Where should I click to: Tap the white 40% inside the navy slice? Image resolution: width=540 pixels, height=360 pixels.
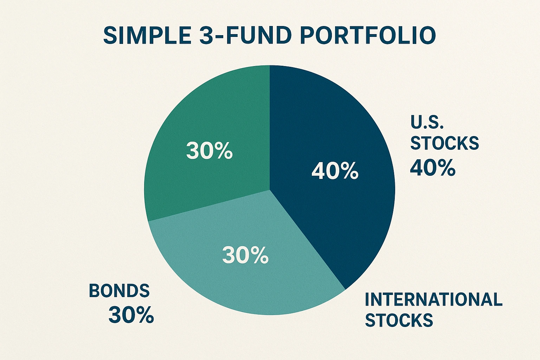point(335,172)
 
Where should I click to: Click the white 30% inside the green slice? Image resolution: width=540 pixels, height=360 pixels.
point(209,151)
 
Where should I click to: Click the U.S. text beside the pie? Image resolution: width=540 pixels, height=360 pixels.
point(427,122)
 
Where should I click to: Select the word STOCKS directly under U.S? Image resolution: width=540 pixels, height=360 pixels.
point(445,143)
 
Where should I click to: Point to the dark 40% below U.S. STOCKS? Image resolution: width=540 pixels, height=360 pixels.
point(432,168)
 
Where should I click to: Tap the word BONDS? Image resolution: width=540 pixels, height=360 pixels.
point(119,291)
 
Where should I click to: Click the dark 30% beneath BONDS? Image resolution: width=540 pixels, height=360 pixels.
point(131,315)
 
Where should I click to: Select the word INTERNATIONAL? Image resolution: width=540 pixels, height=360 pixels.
point(433,300)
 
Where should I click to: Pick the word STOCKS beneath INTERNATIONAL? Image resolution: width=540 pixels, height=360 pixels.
point(399,320)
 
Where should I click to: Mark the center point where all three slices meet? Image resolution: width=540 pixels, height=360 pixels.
point(270,190)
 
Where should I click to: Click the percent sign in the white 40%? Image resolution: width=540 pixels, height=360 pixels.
point(349,172)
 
